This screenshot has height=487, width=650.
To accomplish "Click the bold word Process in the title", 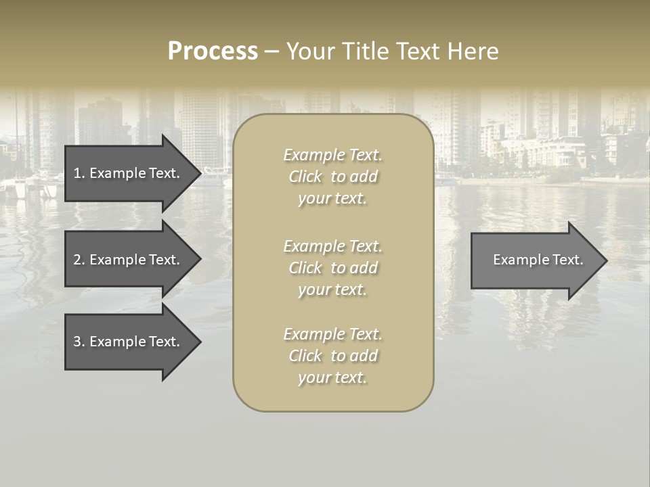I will click(x=213, y=51).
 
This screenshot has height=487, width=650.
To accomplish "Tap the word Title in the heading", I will click(x=365, y=51).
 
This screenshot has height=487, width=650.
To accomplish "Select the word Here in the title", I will click(x=472, y=51).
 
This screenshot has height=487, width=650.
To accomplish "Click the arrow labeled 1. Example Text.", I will click(x=127, y=173).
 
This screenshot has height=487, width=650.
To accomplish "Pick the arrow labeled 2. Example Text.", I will click(x=127, y=260).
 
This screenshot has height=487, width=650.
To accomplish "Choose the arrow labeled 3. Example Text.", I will click(x=127, y=342).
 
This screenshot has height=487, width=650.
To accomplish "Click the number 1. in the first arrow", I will click(x=79, y=174).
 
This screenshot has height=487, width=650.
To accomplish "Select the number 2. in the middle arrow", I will click(x=79, y=260).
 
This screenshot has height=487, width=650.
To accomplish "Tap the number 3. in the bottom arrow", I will click(x=79, y=342).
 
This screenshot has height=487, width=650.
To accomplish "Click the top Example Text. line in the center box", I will click(x=332, y=156).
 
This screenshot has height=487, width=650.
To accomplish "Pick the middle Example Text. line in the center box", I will click(x=332, y=246).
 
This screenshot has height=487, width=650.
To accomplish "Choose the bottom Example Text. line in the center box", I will click(x=332, y=334).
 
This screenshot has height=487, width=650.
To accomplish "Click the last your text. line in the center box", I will click(x=332, y=378).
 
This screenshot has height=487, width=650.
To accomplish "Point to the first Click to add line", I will click(x=332, y=177).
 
